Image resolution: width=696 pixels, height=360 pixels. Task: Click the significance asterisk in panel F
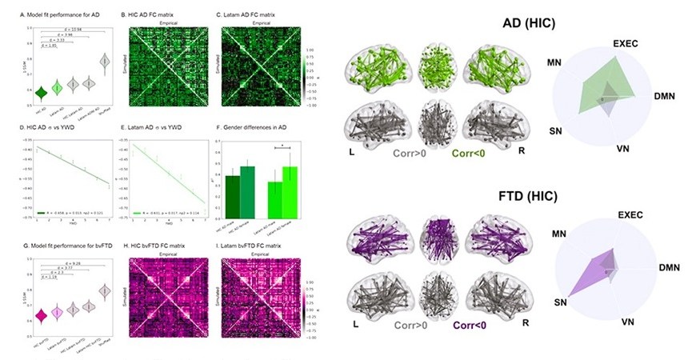274,146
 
